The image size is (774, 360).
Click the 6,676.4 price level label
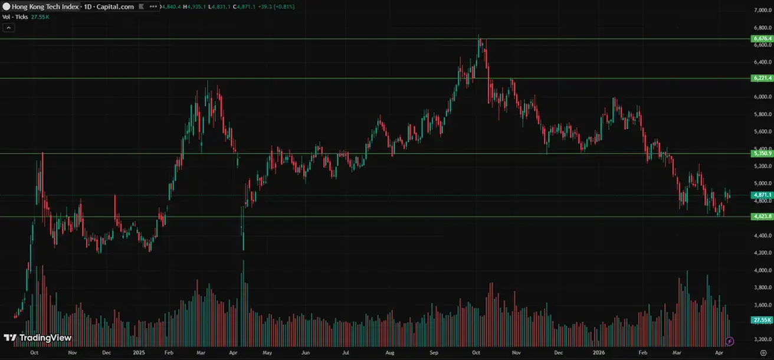(762, 38)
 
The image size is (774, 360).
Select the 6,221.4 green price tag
(762, 78)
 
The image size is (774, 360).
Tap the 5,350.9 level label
(762, 153)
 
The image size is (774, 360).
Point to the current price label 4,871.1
(762, 195)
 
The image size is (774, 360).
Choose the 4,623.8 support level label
(762, 217)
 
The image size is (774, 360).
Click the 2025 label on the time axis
(139, 352)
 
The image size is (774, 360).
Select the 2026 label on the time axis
(599, 352)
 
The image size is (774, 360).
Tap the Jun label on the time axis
(306, 352)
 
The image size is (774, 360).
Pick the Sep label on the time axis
(434, 352)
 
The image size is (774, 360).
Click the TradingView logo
(38, 338)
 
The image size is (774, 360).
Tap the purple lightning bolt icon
(730, 341)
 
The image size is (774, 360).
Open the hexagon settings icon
(763, 352)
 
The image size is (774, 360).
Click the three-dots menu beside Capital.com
(153, 6)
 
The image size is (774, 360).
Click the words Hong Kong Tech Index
(42, 6)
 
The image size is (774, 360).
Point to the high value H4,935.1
(193, 6)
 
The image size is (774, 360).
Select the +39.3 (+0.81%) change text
(273, 6)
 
